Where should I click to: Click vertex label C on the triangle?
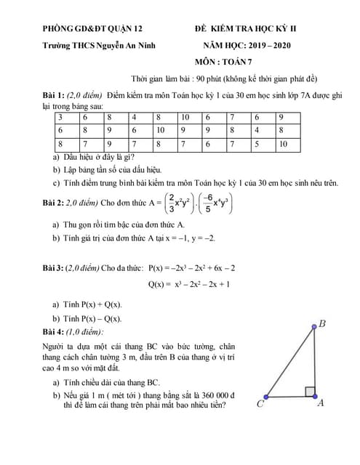point(260,405)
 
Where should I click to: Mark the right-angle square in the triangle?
point(309,392)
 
